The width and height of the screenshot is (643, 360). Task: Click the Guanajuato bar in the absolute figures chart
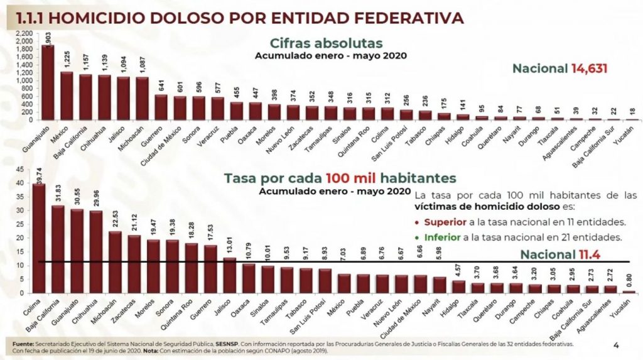click(x=48, y=82)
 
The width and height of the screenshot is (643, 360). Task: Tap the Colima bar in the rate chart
click(x=39, y=239)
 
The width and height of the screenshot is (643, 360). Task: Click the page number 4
click(x=616, y=344)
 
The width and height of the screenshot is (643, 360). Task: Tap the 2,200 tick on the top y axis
click(x=24, y=33)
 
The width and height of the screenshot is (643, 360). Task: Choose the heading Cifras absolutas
click(x=326, y=43)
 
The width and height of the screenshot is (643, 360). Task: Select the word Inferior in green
click(x=444, y=237)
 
